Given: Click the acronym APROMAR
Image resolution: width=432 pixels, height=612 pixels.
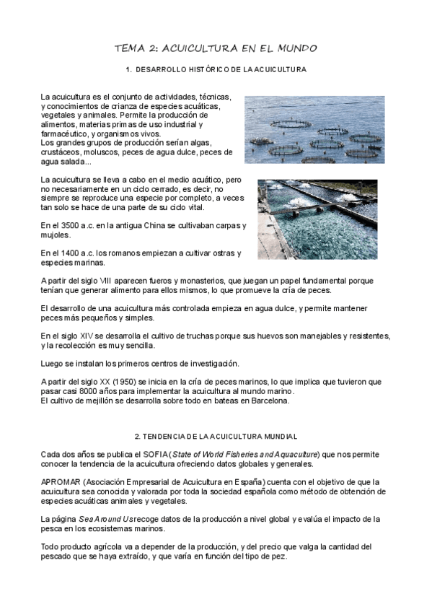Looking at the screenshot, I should pyautogui.click(x=61, y=481).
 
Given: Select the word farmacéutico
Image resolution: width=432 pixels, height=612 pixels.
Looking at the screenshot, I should pyautogui.click(x=67, y=134).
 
